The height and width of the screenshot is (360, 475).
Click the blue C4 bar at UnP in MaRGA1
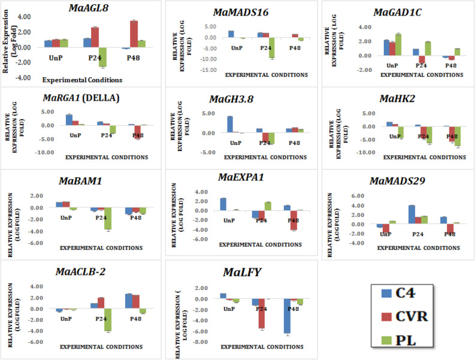tap(69, 120)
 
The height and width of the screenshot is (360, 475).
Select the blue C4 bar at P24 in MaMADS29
tap(412, 214)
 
